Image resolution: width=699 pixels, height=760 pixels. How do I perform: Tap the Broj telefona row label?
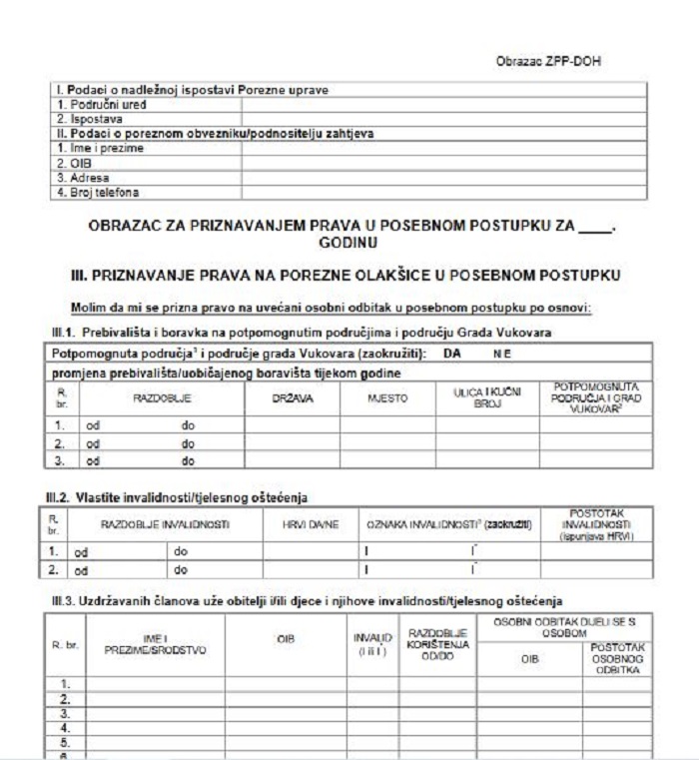[97, 191]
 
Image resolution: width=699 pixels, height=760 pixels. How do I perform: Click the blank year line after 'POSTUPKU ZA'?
[593, 228]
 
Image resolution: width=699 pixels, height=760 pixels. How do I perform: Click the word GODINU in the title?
[348, 243]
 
